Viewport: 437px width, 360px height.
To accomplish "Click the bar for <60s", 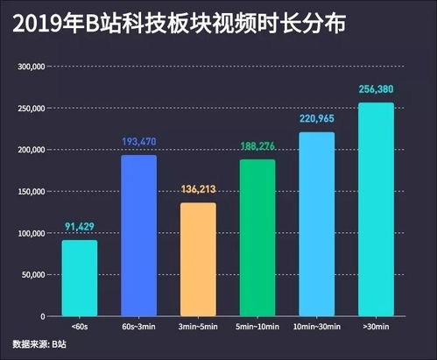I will (79, 279).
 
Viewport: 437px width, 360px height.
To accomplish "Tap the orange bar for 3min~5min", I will (197, 259).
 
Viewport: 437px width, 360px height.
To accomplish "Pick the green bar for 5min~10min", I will (257, 237).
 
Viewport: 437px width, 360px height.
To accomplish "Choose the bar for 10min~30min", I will (316, 224).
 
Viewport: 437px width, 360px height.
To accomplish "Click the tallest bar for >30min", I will (376, 209).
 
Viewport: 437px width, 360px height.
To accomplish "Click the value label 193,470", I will (138, 143).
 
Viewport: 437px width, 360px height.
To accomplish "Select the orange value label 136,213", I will (197, 190).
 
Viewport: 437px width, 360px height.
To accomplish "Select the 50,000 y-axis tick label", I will (34, 275).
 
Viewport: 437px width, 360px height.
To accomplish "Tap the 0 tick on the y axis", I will (43, 316).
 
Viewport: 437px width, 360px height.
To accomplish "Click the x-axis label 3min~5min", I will (197, 327).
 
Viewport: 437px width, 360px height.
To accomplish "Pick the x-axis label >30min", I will (376, 327).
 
